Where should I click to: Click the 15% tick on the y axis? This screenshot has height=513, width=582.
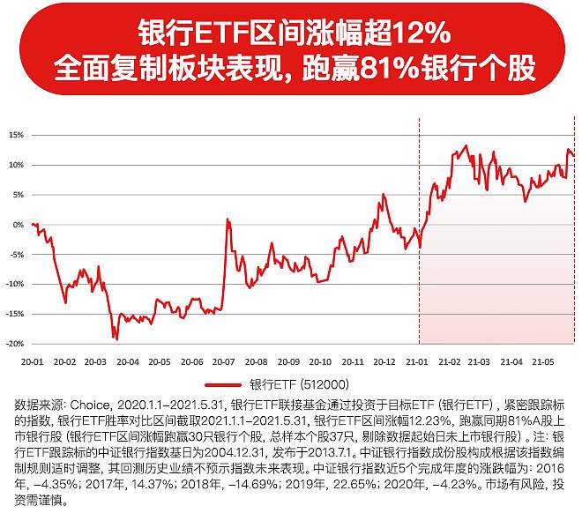16,135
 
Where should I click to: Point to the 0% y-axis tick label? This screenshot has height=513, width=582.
18,224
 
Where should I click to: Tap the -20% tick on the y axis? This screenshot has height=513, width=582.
14,343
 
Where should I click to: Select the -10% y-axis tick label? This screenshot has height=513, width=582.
14,284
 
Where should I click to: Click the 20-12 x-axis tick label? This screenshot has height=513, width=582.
384,361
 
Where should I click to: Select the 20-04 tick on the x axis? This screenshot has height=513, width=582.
128,361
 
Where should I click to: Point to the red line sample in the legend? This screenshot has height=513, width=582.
224,384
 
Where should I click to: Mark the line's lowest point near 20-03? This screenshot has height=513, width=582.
115,338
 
